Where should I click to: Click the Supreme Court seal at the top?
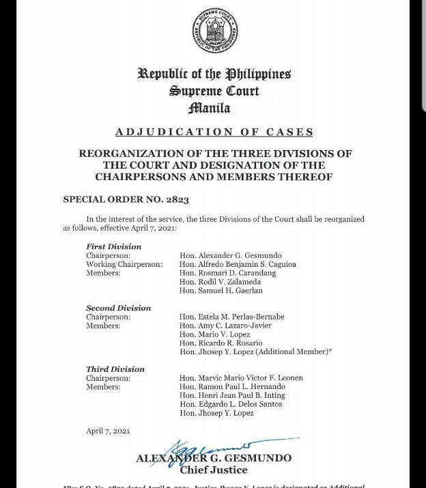pyautogui.click(x=215, y=31)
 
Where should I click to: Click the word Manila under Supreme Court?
pyautogui.click(x=209, y=109)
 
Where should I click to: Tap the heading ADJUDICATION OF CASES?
pyautogui.click(x=214, y=132)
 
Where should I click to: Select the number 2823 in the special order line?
pyautogui.click(x=175, y=200)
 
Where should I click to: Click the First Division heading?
pyautogui.click(x=114, y=246)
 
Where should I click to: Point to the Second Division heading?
pyautogui.click(x=119, y=308)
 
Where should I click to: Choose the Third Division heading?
pyautogui.click(x=115, y=369)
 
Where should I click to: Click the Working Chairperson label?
pyautogui.click(x=124, y=264)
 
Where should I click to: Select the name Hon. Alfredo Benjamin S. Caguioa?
pyautogui.click(x=238, y=264)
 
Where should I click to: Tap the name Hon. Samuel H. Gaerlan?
pyautogui.click(x=221, y=291)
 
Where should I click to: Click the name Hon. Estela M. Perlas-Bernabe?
pyautogui.click(x=231, y=317)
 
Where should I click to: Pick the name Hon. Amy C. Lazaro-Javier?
pyautogui.click(x=225, y=326)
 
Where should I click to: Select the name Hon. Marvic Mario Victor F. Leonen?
pyautogui.click(x=241, y=378)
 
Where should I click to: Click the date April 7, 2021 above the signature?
pyautogui.click(x=108, y=431)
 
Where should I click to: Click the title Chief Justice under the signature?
pyautogui.click(x=214, y=470)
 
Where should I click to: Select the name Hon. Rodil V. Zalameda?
pyautogui.click(x=221, y=282)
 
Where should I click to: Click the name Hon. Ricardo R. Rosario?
pyautogui.click(x=221, y=343)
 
